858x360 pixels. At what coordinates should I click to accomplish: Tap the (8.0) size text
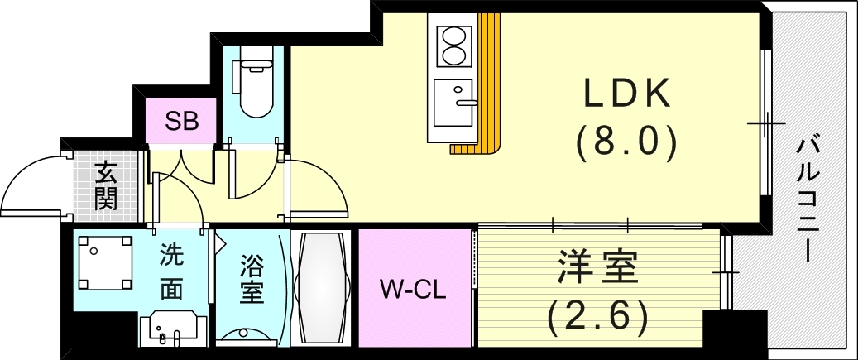(x=626, y=143)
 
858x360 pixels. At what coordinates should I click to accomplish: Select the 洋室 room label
(x=597, y=267)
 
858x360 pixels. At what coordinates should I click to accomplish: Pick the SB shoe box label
(x=182, y=122)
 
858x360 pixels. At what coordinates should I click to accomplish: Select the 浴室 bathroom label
(x=252, y=281)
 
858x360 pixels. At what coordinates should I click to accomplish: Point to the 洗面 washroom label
(x=171, y=273)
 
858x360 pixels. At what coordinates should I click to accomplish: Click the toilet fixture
(x=256, y=81)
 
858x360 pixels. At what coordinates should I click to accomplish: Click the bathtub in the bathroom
(x=321, y=286)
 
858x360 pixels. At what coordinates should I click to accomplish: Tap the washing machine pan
(x=104, y=263)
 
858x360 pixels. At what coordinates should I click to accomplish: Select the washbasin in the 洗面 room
(x=172, y=328)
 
